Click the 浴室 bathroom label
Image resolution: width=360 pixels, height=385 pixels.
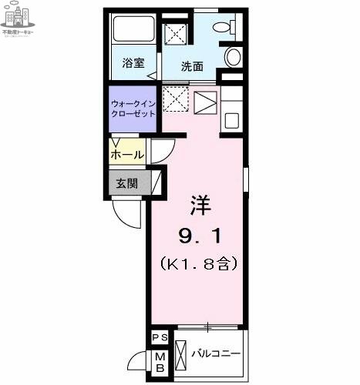(133, 64)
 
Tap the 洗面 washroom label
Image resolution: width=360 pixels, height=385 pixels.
(192, 66)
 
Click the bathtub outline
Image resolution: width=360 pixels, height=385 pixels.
(134, 31)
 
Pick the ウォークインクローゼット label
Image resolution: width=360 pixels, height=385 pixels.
(132, 108)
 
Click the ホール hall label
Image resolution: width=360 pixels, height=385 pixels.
(127, 154)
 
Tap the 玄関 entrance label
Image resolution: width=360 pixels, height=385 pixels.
(127, 183)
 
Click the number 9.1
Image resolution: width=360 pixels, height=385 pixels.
(200, 234)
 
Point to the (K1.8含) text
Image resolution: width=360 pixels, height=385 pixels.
(199, 263)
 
